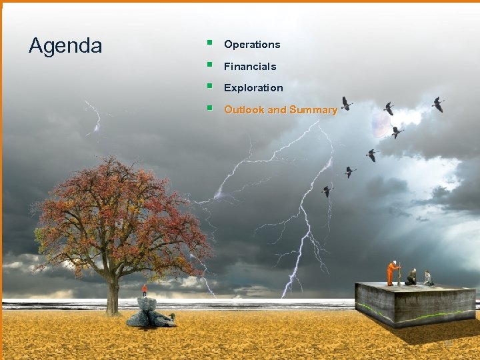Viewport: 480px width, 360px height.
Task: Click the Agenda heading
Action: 65,46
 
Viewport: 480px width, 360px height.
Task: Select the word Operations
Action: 252,45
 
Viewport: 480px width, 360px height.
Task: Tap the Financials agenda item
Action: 250,67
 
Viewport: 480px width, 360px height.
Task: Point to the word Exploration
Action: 253,88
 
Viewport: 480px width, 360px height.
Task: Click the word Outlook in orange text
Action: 244,110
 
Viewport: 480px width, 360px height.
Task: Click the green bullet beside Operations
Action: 209,43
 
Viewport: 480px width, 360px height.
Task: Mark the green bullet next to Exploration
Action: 209,87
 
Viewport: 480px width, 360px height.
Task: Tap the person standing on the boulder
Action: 145,289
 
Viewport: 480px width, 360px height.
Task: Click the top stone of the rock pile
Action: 147,303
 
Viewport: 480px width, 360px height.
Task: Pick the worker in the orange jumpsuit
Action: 393,272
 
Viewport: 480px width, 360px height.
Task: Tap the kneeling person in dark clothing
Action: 411,277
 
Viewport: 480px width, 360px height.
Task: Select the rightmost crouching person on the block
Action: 427,277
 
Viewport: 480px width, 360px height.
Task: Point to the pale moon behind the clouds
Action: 381,124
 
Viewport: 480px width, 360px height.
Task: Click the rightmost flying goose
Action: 438,104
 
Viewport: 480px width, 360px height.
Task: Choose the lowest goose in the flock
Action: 327,191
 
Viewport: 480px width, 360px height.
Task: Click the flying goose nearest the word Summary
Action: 346,103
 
